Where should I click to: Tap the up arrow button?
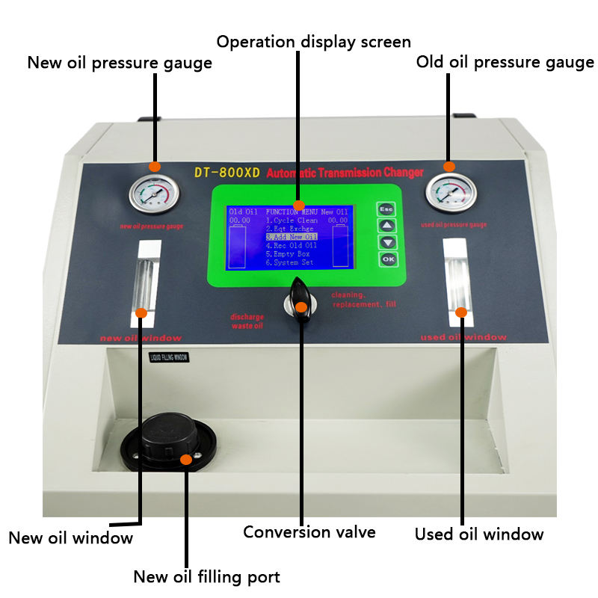386,226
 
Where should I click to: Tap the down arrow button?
386,242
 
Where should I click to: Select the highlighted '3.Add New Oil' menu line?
292,237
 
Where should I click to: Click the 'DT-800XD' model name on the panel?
226,173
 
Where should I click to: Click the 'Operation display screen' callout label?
314,40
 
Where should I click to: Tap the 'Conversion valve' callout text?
309,532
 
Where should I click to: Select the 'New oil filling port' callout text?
206,576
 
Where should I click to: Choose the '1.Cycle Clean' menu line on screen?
292,221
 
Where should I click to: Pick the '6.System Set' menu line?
290,262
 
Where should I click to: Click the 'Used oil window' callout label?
479,534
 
